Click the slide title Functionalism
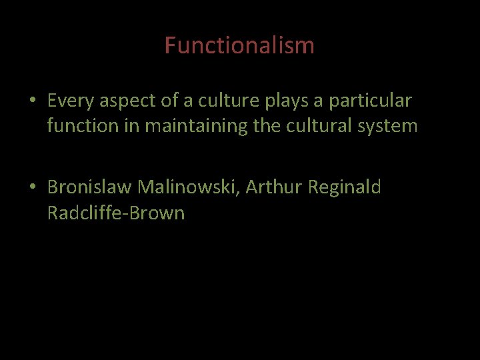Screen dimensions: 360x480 239,45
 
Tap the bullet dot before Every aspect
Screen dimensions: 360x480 32,102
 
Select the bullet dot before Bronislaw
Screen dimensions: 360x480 32,189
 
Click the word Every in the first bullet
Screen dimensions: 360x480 70,101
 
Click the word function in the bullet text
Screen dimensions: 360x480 81,125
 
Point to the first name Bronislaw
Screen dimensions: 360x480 90,188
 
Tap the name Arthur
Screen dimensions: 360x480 274,188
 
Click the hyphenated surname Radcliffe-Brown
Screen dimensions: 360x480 115,213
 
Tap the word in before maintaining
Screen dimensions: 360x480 130,125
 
